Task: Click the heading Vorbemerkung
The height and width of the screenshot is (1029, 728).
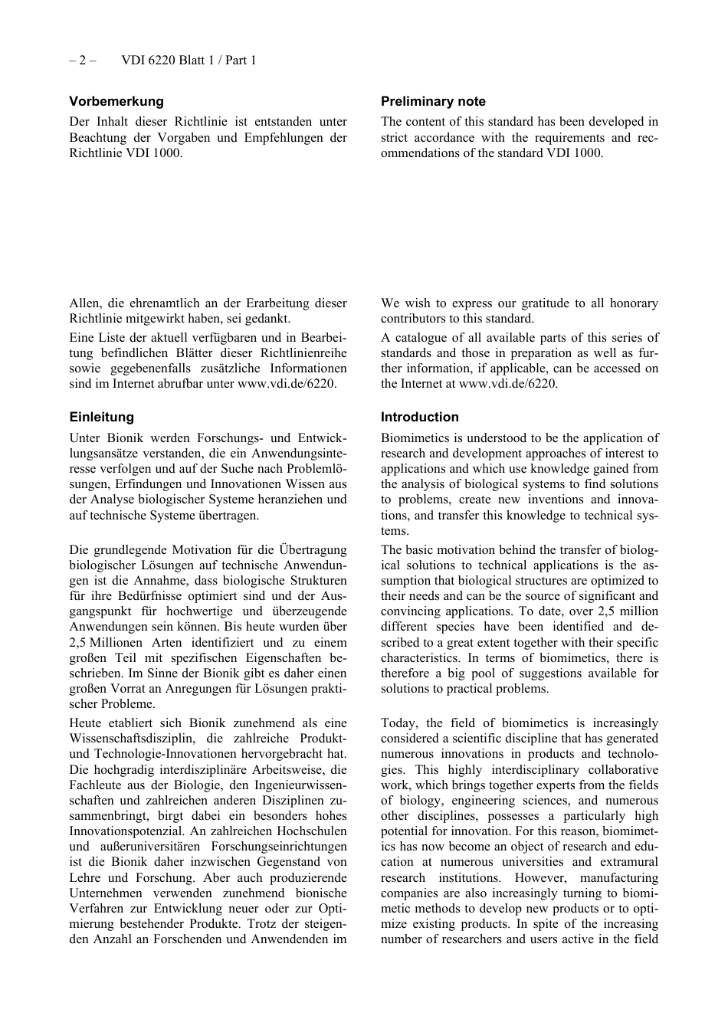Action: (116, 101)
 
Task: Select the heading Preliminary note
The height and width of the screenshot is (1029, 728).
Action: (433, 101)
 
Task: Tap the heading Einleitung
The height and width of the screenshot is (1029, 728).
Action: (101, 417)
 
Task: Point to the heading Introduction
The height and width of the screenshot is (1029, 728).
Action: (419, 417)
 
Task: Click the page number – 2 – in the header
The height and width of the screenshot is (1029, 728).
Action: (82, 60)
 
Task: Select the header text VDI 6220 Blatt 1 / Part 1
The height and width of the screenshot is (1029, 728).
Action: (189, 60)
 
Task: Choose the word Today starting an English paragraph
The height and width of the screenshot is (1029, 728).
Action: (398, 723)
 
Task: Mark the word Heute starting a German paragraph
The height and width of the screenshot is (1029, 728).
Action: (85, 723)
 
